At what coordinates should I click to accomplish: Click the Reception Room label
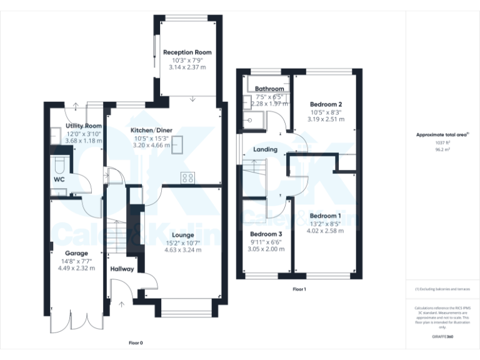pyautogui.click(x=187, y=52)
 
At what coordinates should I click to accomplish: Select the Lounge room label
pyautogui.click(x=183, y=235)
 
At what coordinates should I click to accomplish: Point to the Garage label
pyautogui.click(x=72, y=254)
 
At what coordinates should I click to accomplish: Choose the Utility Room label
pyautogui.click(x=84, y=126)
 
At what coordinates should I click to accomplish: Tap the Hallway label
pyautogui.click(x=122, y=269)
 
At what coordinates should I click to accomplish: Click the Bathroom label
pyautogui.click(x=269, y=89)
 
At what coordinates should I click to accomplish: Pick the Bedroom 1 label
pyautogui.click(x=325, y=216)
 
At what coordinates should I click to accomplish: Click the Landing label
pyautogui.click(x=265, y=150)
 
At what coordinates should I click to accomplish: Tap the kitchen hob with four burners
pyautogui.click(x=187, y=178)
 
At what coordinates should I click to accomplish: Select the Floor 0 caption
pyautogui.click(x=136, y=343)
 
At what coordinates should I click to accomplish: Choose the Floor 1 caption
pyautogui.click(x=299, y=289)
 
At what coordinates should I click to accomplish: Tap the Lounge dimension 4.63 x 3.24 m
pyautogui.click(x=183, y=250)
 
